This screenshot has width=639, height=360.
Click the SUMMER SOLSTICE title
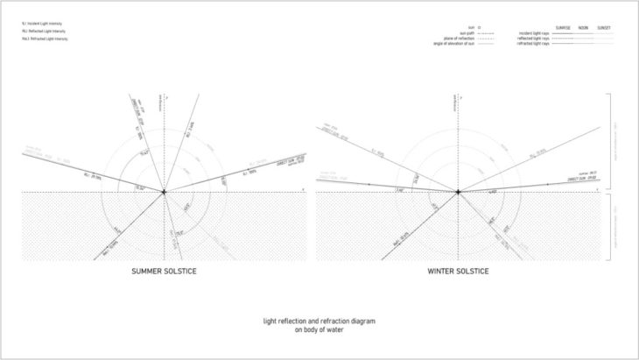(164, 271)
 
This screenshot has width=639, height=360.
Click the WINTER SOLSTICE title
(458, 271)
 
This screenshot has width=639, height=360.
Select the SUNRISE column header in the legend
(564, 27)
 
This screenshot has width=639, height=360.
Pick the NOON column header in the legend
(584, 27)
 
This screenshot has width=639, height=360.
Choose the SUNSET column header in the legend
(604, 27)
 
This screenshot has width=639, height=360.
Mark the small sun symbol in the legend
(481, 28)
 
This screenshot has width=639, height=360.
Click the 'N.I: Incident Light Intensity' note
(42, 24)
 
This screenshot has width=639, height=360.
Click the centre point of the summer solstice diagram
(164, 191)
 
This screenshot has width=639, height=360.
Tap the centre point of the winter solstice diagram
(458, 191)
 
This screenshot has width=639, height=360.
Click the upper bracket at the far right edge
(618, 140)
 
